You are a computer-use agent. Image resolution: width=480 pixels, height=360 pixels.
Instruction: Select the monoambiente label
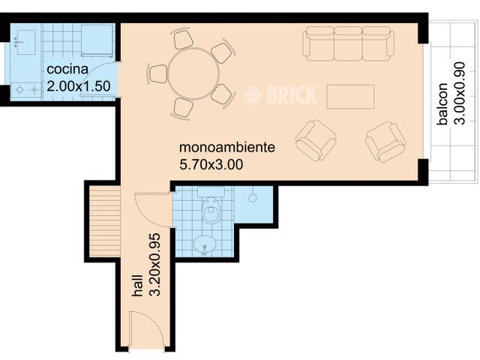227,147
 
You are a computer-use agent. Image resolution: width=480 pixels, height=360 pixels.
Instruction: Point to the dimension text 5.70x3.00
211,163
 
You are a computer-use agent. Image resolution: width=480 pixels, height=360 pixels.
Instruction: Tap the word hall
137,287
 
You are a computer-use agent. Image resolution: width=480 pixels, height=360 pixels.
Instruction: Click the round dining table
193,73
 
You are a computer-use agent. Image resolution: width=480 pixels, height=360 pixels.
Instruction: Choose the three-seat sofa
348,43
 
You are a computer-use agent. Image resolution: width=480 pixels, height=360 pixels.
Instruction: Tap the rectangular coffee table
350,97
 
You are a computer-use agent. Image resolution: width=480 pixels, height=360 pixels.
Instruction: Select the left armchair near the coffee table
316,139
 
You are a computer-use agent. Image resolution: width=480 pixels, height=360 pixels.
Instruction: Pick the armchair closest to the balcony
385,141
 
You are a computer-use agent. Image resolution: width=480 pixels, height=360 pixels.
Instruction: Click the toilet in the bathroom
212,213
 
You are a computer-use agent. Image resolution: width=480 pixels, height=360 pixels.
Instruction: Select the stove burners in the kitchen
25,88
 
